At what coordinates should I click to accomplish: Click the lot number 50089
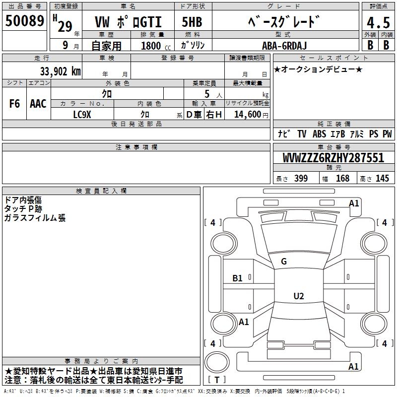point(24,20)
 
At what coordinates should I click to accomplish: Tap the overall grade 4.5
point(378,23)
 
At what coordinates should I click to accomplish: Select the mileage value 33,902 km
point(61,71)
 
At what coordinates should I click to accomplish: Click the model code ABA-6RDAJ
point(284,46)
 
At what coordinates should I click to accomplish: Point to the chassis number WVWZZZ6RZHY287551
point(333,158)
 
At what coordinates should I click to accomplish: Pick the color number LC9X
point(82,115)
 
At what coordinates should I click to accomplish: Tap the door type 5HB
point(192,22)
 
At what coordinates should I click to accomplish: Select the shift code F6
point(14,104)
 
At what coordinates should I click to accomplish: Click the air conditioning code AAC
point(38,104)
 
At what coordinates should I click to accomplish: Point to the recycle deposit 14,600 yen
point(251,115)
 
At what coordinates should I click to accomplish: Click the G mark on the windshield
point(284,262)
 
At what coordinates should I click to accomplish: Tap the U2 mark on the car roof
point(299,296)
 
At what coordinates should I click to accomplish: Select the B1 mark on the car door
point(238,278)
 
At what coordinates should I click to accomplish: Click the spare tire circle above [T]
point(217,362)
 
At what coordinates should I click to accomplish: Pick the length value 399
point(301,178)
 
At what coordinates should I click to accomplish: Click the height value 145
point(382,178)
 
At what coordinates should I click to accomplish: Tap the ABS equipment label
point(319,134)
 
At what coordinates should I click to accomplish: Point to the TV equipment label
point(302,134)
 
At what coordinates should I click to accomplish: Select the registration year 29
point(65,26)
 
